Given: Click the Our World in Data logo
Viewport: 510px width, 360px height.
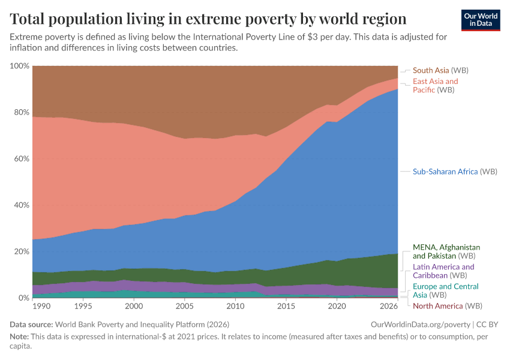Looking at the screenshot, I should click(x=480, y=20).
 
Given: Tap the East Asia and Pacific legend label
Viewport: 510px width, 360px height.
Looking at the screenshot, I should click(x=435, y=85).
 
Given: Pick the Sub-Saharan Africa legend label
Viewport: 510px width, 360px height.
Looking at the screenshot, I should click(x=455, y=172).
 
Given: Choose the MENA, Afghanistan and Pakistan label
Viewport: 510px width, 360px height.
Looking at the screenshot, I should click(x=446, y=251).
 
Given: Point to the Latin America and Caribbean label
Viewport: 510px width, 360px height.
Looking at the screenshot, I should click(x=443, y=271).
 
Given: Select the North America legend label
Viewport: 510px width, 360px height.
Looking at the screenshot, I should click(x=447, y=306).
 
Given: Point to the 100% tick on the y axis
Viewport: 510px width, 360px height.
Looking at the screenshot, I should click(x=20, y=65).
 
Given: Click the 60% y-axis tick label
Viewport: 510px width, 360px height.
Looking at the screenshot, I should click(x=22, y=158).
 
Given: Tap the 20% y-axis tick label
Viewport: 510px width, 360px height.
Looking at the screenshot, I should click(x=22, y=251).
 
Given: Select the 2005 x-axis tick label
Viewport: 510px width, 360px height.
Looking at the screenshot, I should click(x=183, y=306).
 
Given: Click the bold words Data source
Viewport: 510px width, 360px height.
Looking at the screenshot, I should click(x=31, y=325).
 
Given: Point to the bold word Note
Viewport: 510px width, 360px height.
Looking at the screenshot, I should click(x=20, y=337).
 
